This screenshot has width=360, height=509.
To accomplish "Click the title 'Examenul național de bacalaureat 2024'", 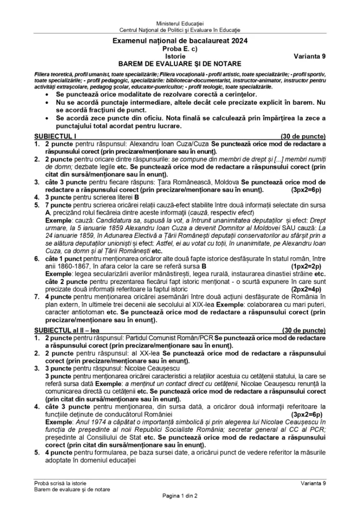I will tap(179, 41).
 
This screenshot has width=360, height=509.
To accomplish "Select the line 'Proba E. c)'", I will tap(179, 48).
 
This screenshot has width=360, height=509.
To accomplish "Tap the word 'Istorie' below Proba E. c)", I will tap(179, 56).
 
